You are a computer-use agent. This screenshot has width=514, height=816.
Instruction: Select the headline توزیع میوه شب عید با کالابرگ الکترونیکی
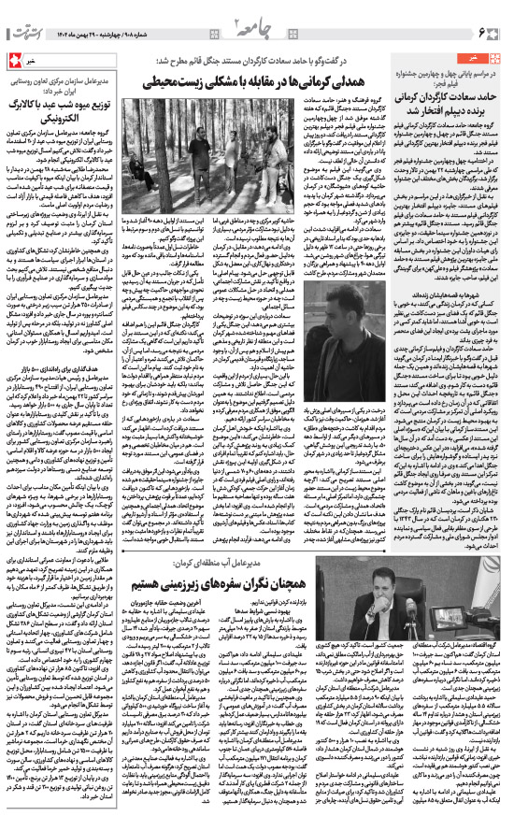tap(70, 99)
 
